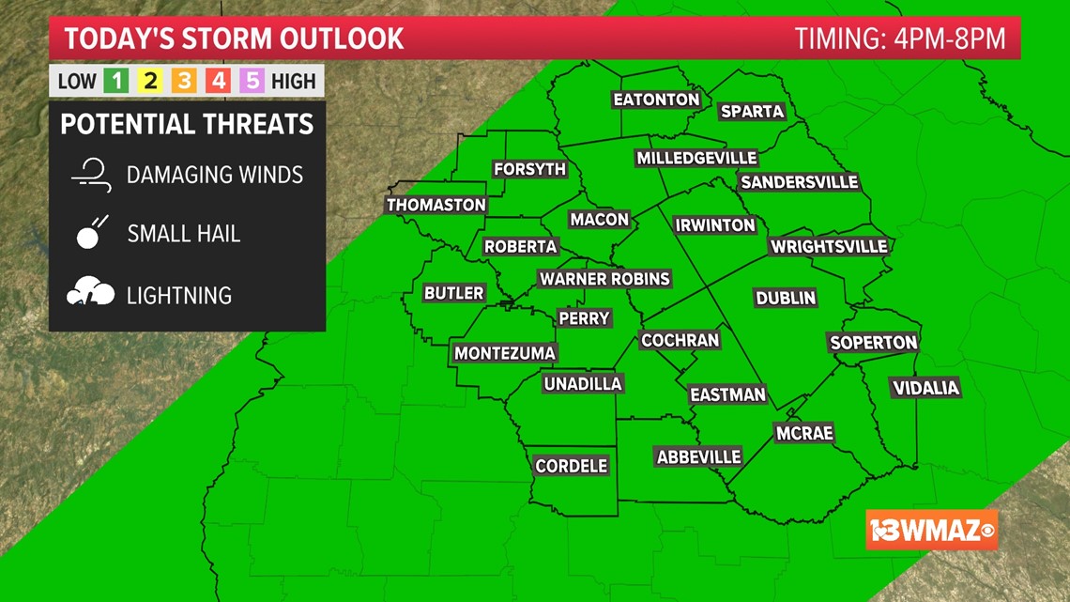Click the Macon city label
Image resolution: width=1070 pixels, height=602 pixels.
pyautogui.click(x=599, y=219)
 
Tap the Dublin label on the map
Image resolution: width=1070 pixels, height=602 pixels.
pyautogui.click(x=786, y=298)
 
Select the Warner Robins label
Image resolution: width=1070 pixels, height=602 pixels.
pyautogui.click(x=604, y=278)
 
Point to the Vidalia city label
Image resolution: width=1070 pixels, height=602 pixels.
pyautogui.click(x=925, y=388)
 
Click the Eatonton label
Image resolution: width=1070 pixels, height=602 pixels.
pyautogui.click(x=656, y=99)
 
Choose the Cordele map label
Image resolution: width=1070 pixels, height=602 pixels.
pyautogui.click(x=572, y=465)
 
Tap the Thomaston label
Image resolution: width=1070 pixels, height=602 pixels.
pyautogui.click(x=436, y=205)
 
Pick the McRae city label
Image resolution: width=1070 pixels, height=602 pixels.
pyautogui.click(x=804, y=433)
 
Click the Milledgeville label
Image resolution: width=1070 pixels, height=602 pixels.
pyautogui.click(x=696, y=158)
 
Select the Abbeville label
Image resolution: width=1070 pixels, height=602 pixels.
pyautogui.click(x=698, y=456)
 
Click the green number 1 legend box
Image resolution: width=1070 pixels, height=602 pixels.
pyautogui.click(x=116, y=81)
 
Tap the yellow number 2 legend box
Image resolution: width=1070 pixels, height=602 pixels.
pyautogui.click(x=150, y=81)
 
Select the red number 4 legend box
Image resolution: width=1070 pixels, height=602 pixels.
pyautogui.click(x=218, y=81)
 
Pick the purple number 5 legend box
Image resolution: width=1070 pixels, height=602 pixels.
pyautogui.click(x=252, y=81)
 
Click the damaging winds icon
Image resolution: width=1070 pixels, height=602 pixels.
pyautogui.click(x=91, y=175)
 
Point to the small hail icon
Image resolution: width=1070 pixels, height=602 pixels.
pyautogui.click(x=91, y=233)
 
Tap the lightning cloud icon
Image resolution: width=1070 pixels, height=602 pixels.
pyautogui.click(x=90, y=294)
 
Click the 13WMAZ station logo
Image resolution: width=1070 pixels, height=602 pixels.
pyautogui.click(x=931, y=530)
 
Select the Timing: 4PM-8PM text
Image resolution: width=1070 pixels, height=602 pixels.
pyautogui.click(x=900, y=39)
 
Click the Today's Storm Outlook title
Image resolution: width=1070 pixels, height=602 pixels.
pyautogui.click(x=234, y=39)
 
